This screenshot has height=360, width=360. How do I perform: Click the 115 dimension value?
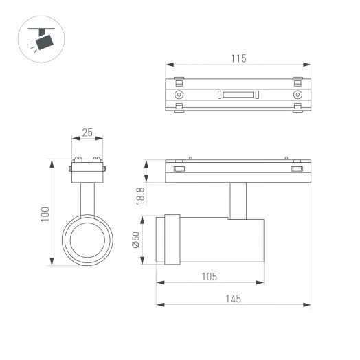[238, 58]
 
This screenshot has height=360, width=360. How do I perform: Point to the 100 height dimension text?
[45, 214]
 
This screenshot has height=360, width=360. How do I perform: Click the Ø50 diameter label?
[136, 240]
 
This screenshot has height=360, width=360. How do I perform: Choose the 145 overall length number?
[233, 299]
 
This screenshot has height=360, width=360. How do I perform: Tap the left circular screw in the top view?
[179, 94]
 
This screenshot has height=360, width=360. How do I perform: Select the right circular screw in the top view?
[297, 94]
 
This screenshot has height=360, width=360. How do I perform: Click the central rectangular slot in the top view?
[238, 94]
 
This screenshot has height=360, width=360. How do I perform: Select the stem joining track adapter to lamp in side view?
[238, 200]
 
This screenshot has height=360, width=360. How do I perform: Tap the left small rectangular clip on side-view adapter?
[179, 168]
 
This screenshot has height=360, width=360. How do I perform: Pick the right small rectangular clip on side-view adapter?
[297, 168]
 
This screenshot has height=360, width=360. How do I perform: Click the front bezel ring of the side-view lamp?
[170, 240]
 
